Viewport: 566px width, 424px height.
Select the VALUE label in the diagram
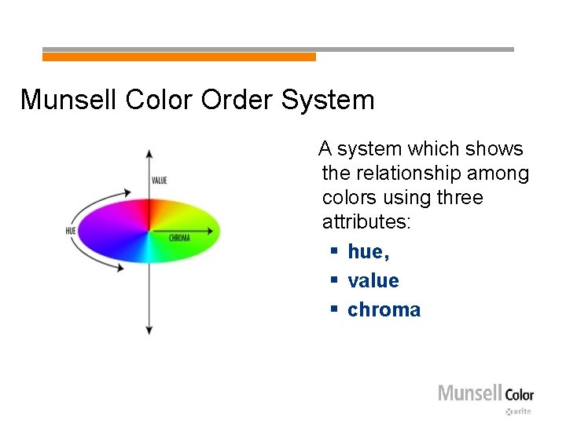point(160,181)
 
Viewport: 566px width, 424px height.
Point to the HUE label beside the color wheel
point(71,231)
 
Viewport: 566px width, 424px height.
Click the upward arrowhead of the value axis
point(149,155)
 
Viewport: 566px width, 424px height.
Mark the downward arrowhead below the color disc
point(149,330)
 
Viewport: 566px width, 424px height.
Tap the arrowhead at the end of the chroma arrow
point(211,231)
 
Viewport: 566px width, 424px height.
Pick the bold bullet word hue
point(368,251)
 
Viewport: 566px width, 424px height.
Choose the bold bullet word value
point(373,280)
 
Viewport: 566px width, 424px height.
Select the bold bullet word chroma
point(384,309)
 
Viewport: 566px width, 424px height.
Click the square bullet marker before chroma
point(333,309)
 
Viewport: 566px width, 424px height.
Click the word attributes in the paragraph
point(366,221)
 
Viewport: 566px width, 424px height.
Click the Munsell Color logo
point(485,393)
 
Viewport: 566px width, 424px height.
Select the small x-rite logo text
point(520,411)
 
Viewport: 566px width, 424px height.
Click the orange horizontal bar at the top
point(179,57)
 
